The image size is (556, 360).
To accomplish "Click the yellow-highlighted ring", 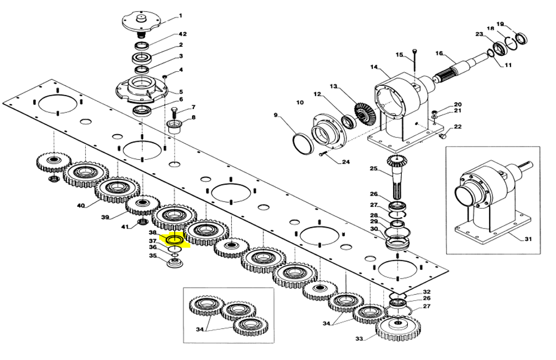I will (175, 239).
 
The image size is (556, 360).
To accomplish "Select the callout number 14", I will (374, 67).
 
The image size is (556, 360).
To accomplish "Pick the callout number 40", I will (81, 206).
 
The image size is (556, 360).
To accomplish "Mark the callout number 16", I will (439, 53).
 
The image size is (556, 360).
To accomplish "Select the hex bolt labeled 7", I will (174, 113).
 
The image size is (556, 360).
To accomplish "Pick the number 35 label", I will (153, 256).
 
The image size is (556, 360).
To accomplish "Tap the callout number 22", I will (458, 127).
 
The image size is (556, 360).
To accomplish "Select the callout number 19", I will (501, 24).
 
